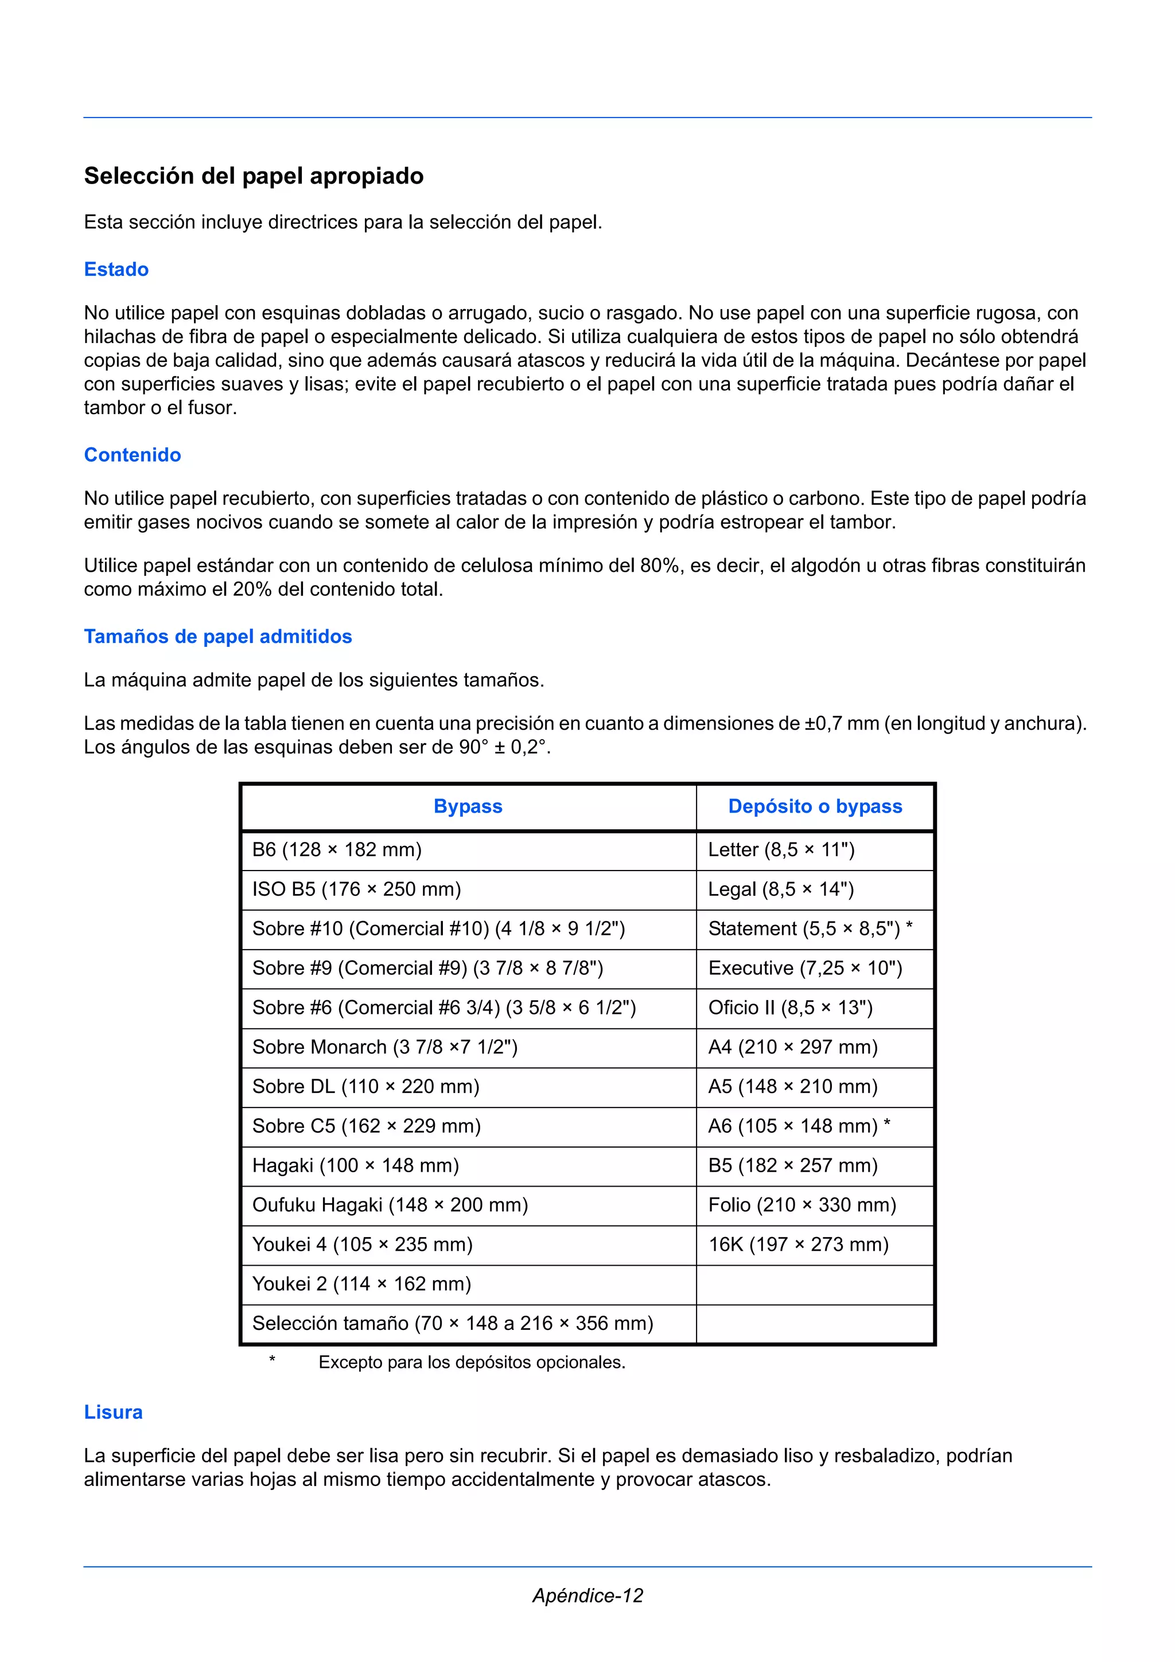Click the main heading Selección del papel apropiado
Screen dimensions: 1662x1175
point(254,176)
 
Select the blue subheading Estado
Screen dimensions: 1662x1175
point(116,270)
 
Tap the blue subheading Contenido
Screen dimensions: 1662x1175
point(133,455)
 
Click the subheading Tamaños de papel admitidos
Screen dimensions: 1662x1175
point(218,636)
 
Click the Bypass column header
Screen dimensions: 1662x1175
point(468,806)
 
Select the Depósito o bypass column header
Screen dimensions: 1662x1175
point(815,806)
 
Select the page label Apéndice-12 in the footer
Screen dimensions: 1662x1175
point(587,1595)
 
